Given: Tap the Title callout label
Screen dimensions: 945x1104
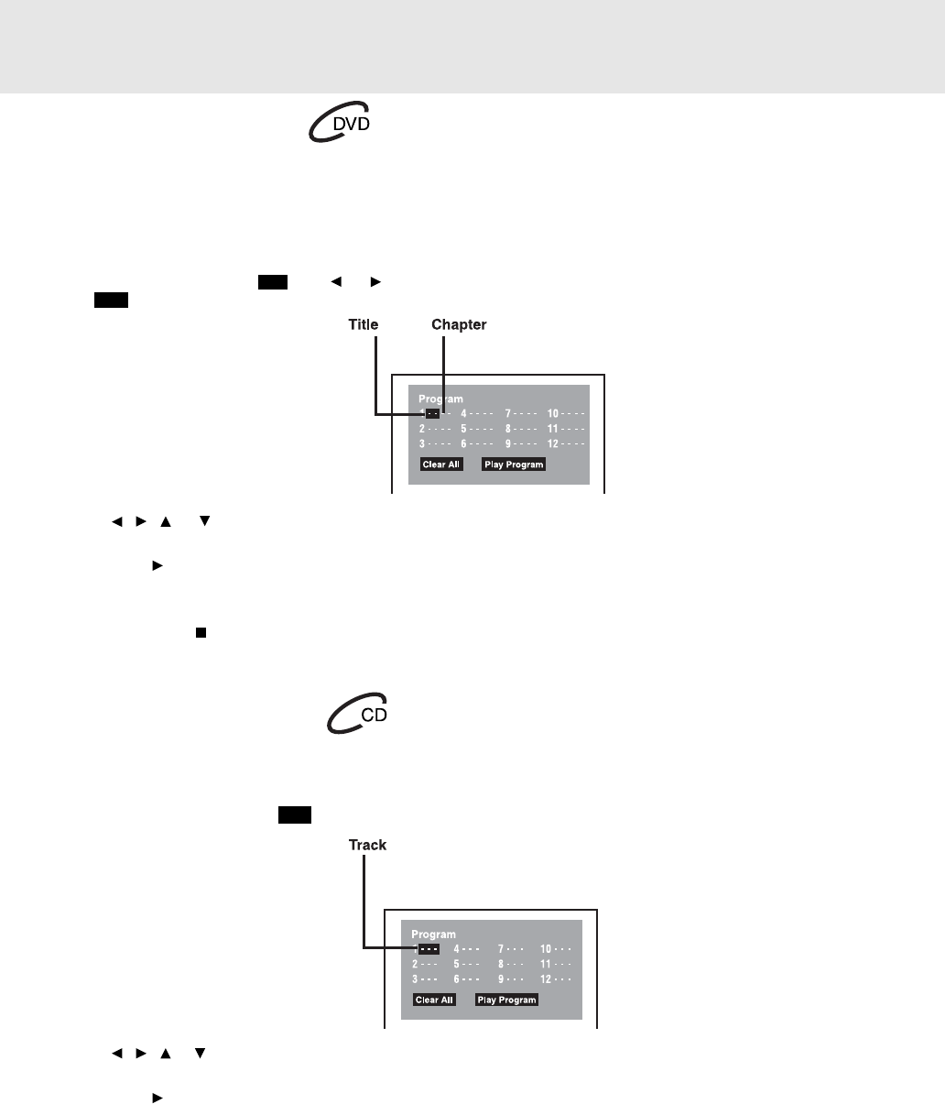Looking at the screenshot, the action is pos(363,324).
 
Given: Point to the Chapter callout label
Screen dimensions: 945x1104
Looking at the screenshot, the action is pos(459,324).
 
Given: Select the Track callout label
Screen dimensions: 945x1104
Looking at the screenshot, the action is pos(367,845).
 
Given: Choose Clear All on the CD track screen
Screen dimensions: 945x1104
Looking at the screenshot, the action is pos(434,1000).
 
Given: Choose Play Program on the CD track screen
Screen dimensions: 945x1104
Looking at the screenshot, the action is pos(506,1000).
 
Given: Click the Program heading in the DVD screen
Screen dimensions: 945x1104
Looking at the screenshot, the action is pos(440,399).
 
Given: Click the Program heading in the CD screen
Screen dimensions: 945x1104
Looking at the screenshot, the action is pos(433,935).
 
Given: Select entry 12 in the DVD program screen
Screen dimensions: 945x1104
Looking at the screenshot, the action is pos(566,443).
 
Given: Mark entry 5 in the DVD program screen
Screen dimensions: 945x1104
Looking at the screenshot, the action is pos(477,429).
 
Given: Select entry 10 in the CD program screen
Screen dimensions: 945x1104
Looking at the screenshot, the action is pos(556,949).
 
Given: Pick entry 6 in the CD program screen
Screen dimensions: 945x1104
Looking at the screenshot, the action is pos(467,978).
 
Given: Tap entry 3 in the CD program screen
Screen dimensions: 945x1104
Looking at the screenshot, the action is pos(425,978).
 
